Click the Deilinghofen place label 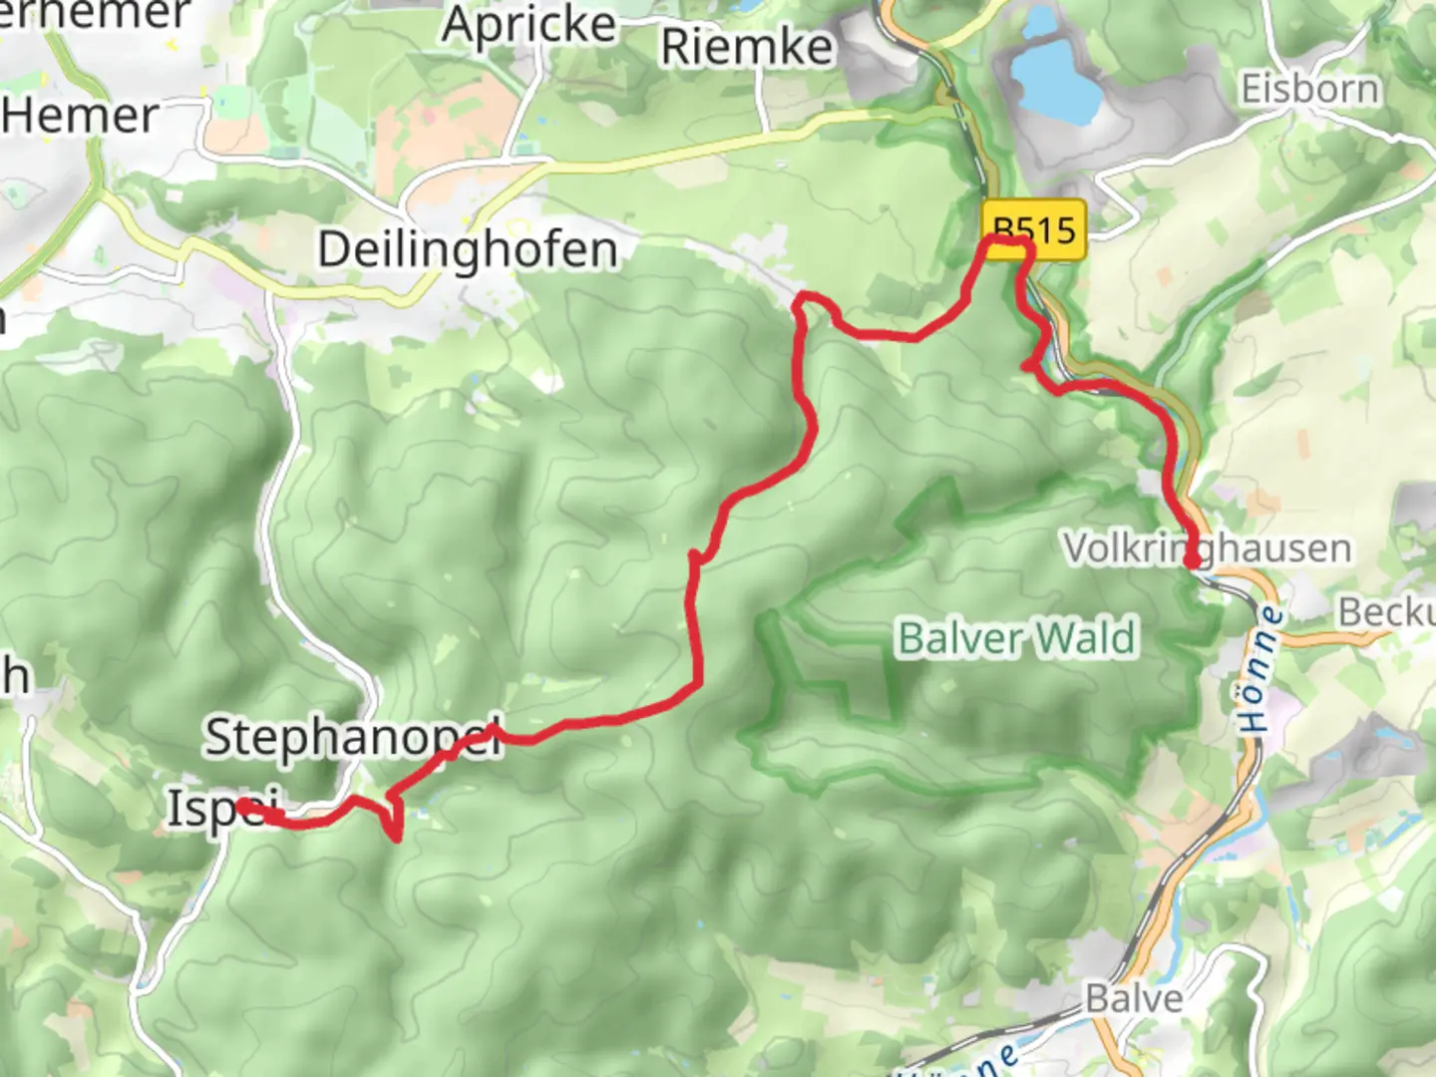pyautogui.click(x=467, y=249)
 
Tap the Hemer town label pyautogui.click(x=80, y=116)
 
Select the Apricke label pyautogui.click(x=529, y=24)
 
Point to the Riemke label pyautogui.click(x=746, y=47)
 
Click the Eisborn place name pyautogui.click(x=1309, y=90)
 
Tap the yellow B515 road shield pyautogui.click(x=1034, y=230)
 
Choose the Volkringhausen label pyautogui.click(x=1207, y=547)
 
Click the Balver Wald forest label pyautogui.click(x=1016, y=638)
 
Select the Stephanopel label pyautogui.click(x=351, y=738)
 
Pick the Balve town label pyautogui.click(x=1134, y=998)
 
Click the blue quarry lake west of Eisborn pyautogui.click(x=1055, y=75)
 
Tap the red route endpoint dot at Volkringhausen pyautogui.click(x=1192, y=562)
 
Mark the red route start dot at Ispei pyautogui.click(x=243, y=805)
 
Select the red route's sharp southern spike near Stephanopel pyautogui.click(x=398, y=836)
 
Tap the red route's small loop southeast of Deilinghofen pyautogui.click(x=810, y=303)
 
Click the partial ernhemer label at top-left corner pyautogui.click(x=95, y=14)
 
